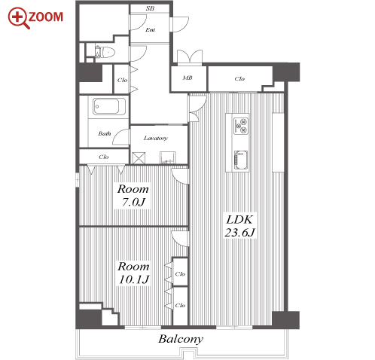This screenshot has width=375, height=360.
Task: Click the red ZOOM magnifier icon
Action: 19,18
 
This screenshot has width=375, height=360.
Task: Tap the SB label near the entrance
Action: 150,8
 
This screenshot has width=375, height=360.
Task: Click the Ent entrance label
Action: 150,30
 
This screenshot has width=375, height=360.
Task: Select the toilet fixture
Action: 105,52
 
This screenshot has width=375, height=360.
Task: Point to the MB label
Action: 187,78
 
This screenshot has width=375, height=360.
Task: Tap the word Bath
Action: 105,133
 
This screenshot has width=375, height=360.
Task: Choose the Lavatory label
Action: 156,138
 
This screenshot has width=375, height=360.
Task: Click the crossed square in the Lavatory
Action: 139,158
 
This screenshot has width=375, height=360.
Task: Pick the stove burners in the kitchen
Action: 241,126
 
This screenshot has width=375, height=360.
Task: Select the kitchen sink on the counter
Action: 241,160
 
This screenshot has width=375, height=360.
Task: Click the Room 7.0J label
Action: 133,196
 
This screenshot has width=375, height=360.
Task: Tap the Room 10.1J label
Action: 134,273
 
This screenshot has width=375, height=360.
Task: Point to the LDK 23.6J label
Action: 239,226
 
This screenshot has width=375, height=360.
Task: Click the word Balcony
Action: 181,339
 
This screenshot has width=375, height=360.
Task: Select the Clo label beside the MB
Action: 239,79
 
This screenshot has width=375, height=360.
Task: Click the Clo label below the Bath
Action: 104,157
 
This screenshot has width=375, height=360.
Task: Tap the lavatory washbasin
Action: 168,158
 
